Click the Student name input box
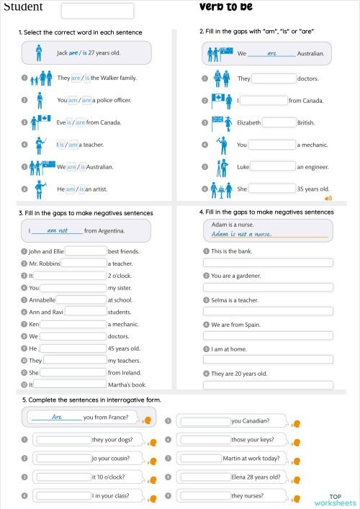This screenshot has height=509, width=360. click(x=97, y=11)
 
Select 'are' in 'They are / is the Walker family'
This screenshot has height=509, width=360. click(x=76, y=78)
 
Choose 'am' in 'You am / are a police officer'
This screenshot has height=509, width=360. click(x=72, y=100)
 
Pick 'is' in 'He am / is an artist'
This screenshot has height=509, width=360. click(x=81, y=189)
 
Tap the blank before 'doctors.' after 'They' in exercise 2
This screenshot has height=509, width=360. click(x=274, y=78)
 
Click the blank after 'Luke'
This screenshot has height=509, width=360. click(x=274, y=167)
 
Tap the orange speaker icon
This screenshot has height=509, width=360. click(x=328, y=197)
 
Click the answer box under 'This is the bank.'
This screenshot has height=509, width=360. click(x=268, y=263)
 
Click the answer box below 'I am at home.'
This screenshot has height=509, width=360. click(x=268, y=359)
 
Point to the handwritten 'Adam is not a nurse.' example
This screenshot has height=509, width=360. click(x=242, y=234)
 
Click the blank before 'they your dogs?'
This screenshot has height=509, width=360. click(x=63, y=440)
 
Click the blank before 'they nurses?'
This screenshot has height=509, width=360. click(x=204, y=495)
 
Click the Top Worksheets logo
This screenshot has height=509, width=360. click(x=336, y=500)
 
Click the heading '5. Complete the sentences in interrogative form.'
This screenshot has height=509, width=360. click(x=91, y=400)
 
